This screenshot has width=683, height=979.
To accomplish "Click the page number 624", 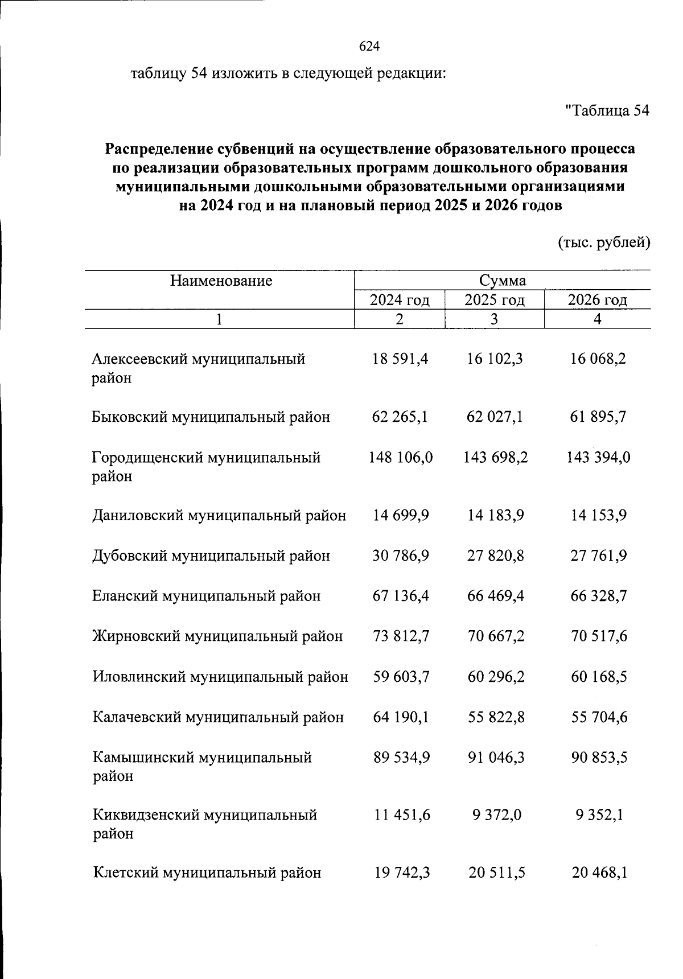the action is [x=369, y=47].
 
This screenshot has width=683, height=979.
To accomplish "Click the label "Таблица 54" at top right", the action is [x=607, y=110].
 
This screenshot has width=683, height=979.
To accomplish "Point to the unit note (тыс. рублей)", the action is [x=603, y=242].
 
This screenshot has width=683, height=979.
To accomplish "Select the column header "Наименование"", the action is [x=221, y=281].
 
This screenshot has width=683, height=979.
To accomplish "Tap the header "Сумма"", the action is [x=502, y=281].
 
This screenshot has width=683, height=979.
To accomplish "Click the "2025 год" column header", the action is [x=494, y=300].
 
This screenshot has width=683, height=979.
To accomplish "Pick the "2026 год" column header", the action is [x=597, y=300].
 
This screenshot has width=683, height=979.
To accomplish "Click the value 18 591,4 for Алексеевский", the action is [x=400, y=359].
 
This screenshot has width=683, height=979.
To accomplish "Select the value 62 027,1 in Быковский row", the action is [x=495, y=417].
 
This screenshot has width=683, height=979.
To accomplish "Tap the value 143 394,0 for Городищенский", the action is [x=598, y=458].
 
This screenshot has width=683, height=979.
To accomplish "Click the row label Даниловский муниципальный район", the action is [x=219, y=516].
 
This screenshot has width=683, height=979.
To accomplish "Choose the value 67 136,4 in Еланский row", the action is [x=401, y=596].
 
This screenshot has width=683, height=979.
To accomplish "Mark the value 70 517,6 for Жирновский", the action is [x=599, y=636].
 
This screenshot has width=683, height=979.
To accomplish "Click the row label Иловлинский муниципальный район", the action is [x=220, y=677].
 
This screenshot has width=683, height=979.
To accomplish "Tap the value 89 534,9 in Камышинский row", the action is [x=401, y=758].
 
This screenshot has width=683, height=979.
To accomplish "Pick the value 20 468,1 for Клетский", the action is [x=599, y=873].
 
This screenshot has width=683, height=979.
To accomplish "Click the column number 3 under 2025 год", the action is [x=494, y=319].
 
